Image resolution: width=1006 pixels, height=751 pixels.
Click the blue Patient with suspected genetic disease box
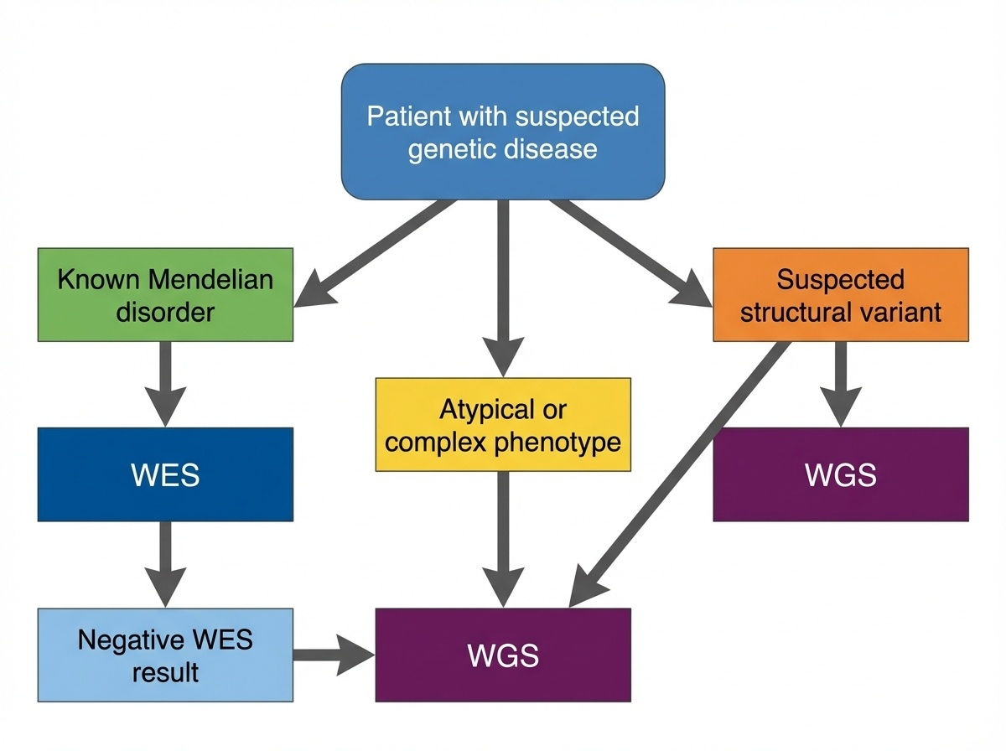click(503, 132)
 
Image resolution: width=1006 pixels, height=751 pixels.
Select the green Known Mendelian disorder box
click(165, 295)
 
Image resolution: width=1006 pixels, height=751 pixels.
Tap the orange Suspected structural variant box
click(840, 295)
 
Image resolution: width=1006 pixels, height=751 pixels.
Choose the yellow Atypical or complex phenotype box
click(502, 425)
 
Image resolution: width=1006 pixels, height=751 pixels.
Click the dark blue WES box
click(165, 474)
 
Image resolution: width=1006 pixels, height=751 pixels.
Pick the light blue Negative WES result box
click(165, 655)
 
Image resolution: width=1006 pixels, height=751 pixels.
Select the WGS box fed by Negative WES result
click(502, 655)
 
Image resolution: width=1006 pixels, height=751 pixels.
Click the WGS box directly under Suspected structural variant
click(840, 474)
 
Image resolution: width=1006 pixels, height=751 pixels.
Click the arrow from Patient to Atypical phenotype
click(502, 285)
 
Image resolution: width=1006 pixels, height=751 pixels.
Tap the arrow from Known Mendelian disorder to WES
click(165, 381)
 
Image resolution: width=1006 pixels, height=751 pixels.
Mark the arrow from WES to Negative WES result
click(165, 562)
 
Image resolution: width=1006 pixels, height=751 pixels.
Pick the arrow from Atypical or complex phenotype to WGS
click(502, 536)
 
